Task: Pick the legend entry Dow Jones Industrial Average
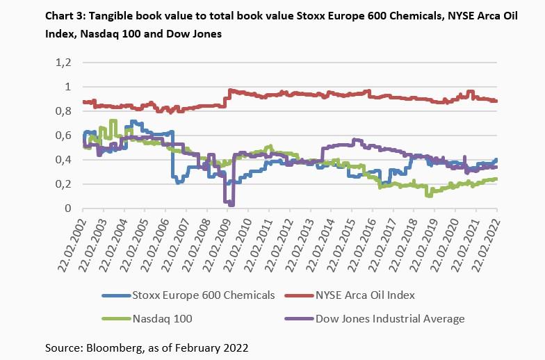point(389,319)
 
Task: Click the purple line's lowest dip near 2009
point(231,204)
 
